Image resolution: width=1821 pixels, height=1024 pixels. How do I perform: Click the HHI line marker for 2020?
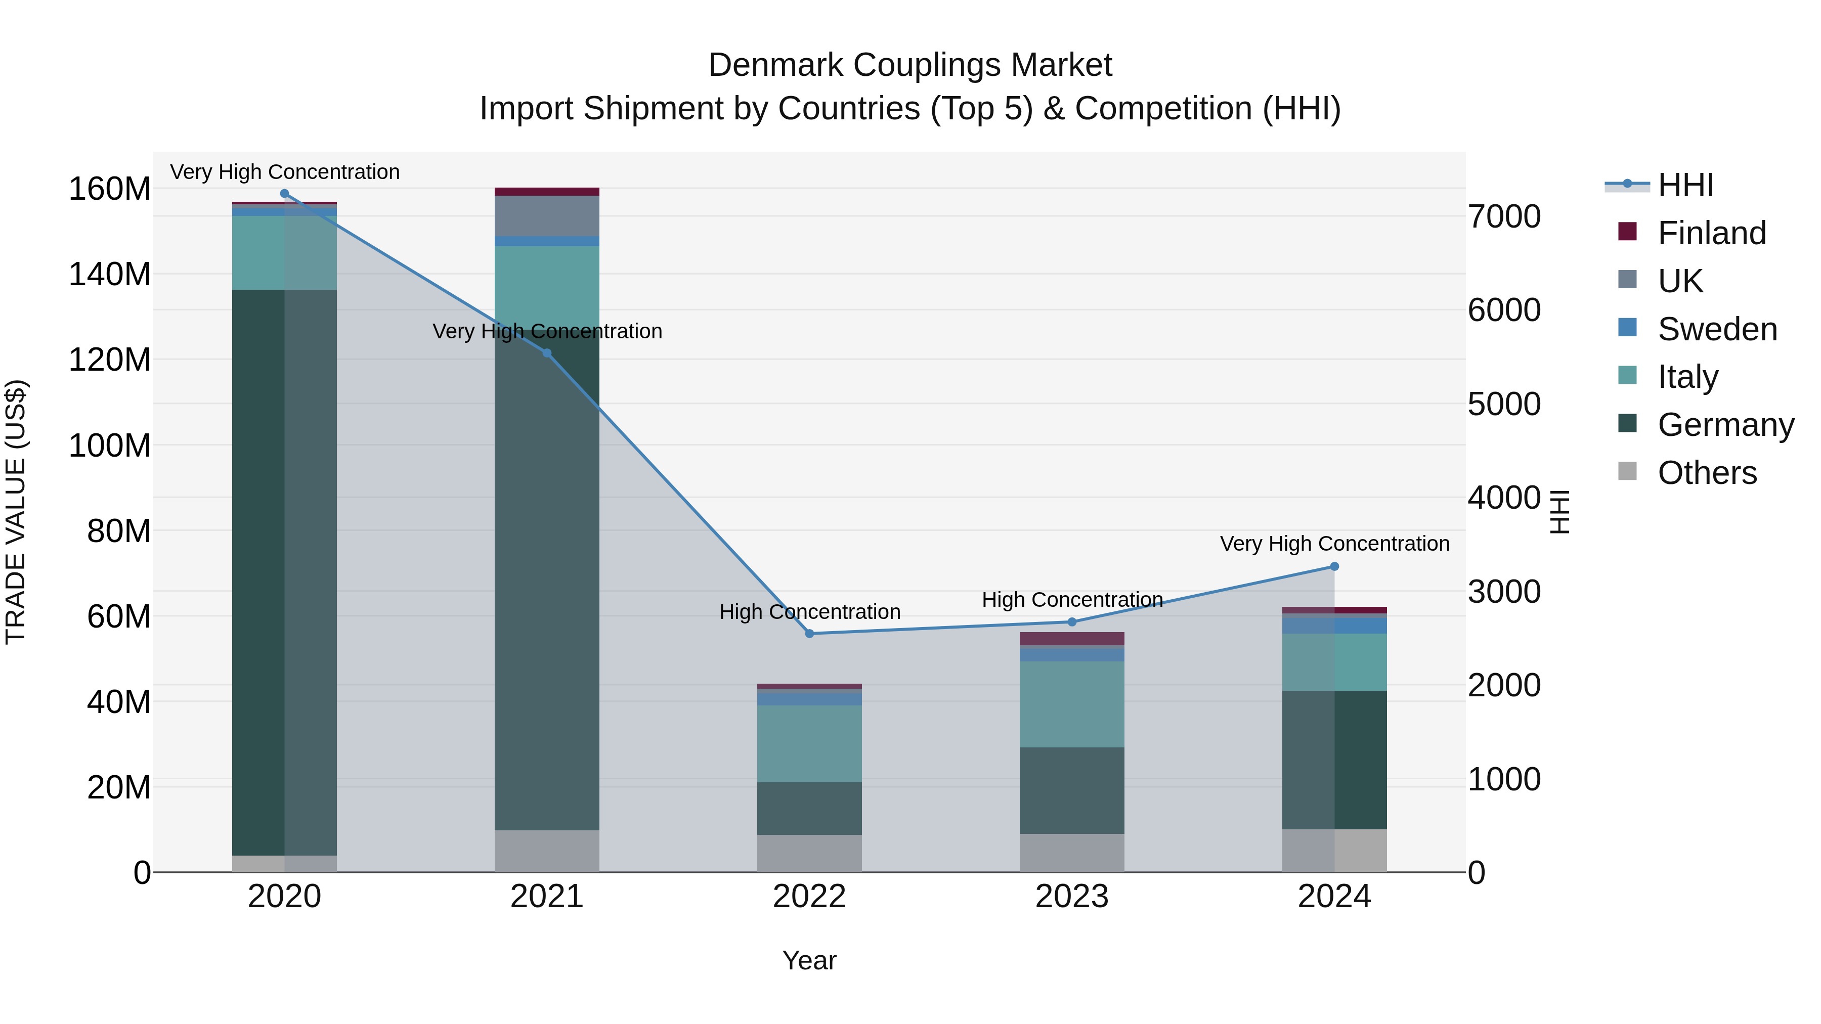pyautogui.click(x=284, y=193)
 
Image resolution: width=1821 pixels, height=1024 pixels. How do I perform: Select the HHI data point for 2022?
pyautogui.click(x=809, y=633)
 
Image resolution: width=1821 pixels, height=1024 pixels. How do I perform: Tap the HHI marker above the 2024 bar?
pyautogui.click(x=1334, y=566)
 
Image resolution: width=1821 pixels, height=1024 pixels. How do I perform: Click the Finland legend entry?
pyautogui.click(x=1711, y=233)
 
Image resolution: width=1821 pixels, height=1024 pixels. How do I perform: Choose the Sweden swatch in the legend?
pyautogui.click(x=1627, y=328)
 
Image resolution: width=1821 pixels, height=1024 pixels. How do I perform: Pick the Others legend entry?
pyautogui.click(x=1707, y=472)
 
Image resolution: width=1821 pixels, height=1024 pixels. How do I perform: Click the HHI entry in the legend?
pyautogui.click(x=1685, y=185)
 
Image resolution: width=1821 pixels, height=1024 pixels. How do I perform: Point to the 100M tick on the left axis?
pyautogui.click(x=110, y=445)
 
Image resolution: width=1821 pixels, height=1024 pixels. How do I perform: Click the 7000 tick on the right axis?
pyautogui.click(x=1504, y=216)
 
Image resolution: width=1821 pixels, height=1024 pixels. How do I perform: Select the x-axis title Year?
pyautogui.click(x=809, y=960)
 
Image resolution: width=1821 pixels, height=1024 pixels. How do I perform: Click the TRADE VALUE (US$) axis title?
pyautogui.click(x=16, y=512)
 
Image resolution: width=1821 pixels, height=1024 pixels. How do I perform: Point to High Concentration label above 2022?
pyautogui.click(x=809, y=611)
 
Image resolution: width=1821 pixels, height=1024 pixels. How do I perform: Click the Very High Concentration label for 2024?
pyautogui.click(x=1334, y=544)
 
